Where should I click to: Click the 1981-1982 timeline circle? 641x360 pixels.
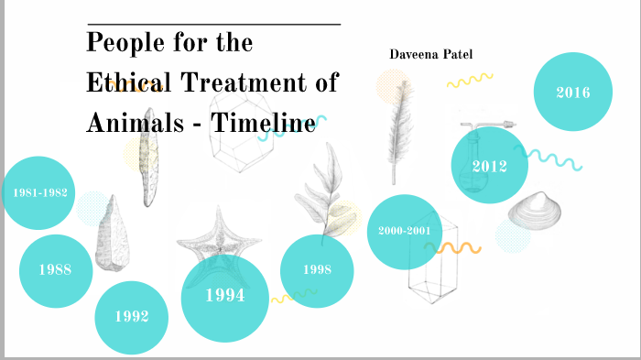[x=38, y=193]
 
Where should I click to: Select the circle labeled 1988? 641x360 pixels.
[x=55, y=270]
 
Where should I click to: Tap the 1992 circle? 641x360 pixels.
[x=132, y=317]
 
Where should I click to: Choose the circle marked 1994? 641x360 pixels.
[x=224, y=296]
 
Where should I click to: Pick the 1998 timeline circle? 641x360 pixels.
[x=317, y=269]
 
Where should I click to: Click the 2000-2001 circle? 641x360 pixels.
[x=404, y=231]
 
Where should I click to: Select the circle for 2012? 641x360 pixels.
[x=489, y=166]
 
